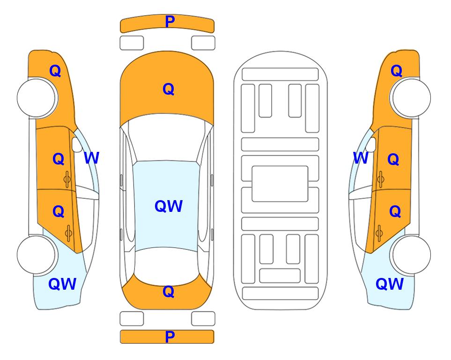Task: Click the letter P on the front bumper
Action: (x=170, y=22)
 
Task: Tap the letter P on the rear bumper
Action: (x=170, y=337)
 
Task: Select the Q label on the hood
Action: (x=169, y=89)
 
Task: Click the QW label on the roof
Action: (x=169, y=206)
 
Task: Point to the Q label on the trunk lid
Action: (x=169, y=292)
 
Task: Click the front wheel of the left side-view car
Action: (x=37, y=97)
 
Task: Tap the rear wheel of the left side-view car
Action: (x=37, y=255)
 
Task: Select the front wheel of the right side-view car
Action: (x=411, y=97)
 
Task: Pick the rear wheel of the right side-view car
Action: (x=411, y=255)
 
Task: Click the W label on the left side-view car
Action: (x=91, y=158)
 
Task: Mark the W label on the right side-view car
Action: (x=361, y=158)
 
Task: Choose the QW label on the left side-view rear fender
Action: (x=62, y=284)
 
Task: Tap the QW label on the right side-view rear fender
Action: (x=390, y=284)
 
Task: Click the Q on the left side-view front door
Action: (x=59, y=159)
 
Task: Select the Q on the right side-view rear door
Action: (x=395, y=212)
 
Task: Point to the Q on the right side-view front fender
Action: (x=396, y=71)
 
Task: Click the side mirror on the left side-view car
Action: (x=77, y=144)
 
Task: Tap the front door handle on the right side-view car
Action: (x=380, y=179)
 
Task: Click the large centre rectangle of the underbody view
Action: (x=280, y=184)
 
